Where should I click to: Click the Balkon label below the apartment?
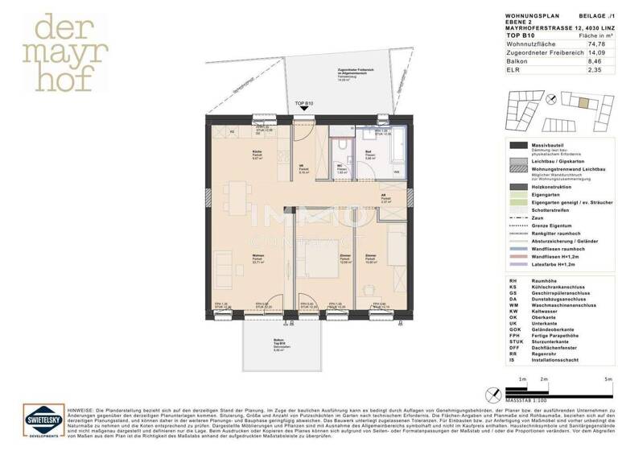tap(278, 341)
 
